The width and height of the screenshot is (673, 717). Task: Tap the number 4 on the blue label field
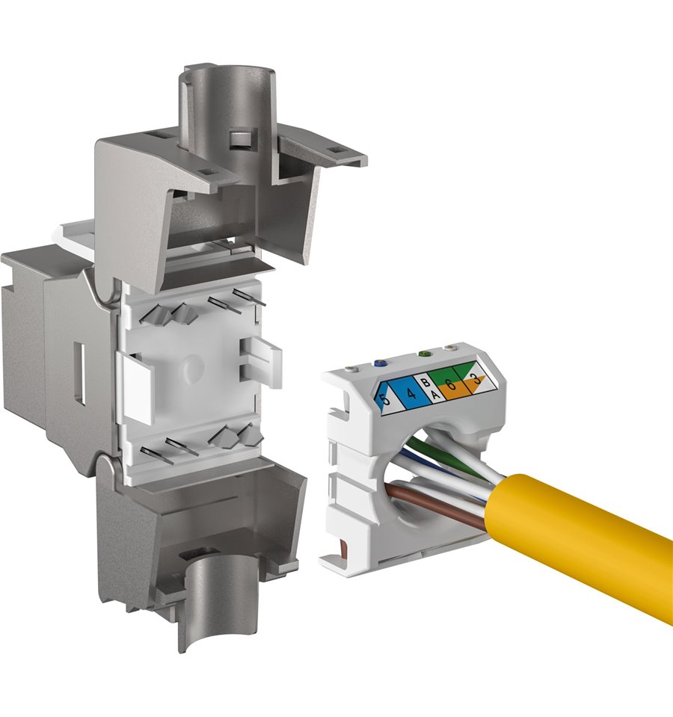tap(411, 393)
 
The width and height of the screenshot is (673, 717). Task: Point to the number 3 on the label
tap(476, 379)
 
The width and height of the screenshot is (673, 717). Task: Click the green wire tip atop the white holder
tap(424, 354)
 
